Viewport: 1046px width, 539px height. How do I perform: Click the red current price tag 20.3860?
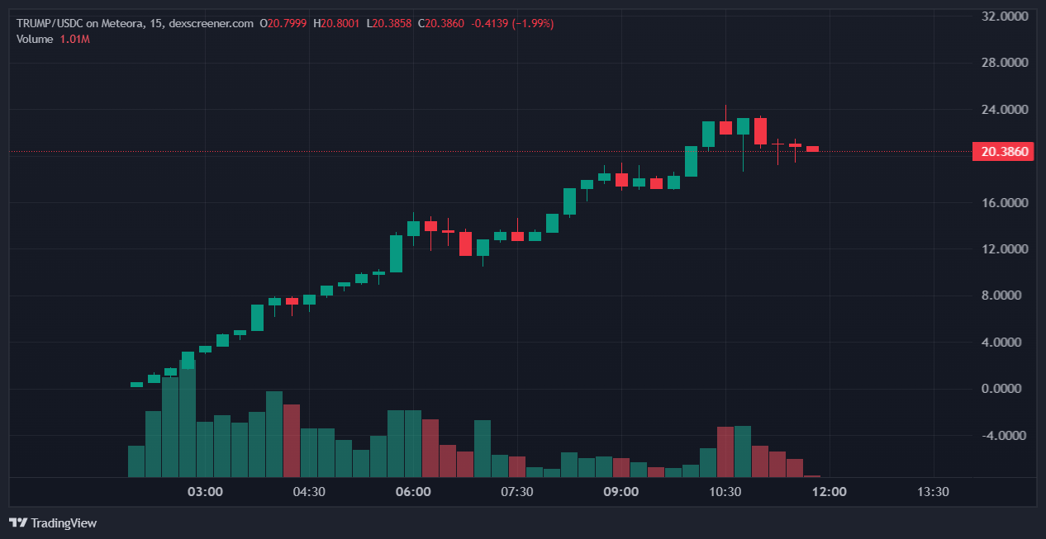(1003, 152)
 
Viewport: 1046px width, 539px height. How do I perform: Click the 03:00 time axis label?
(205, 492)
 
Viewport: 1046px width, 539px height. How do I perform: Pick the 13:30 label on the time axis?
(933, 492)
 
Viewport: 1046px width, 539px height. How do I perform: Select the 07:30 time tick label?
(517, 492)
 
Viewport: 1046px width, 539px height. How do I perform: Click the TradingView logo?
(53, 522)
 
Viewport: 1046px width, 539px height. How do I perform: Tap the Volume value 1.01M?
(74, 39)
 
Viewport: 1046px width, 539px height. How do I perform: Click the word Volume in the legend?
(35, 39)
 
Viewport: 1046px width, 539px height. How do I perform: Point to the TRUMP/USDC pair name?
(50, 23)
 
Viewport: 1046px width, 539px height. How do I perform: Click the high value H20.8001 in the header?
(336, 23)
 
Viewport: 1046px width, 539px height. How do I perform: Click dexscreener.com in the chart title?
(210, 23)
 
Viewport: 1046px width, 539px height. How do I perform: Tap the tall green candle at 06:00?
(397, 253)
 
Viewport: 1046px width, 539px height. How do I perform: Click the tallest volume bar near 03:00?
(188, 418)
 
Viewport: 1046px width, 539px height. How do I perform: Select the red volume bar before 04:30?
(292, 440)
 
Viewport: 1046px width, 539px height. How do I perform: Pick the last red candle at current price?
(812, 149)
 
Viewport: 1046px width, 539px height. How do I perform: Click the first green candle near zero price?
(136, 384)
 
